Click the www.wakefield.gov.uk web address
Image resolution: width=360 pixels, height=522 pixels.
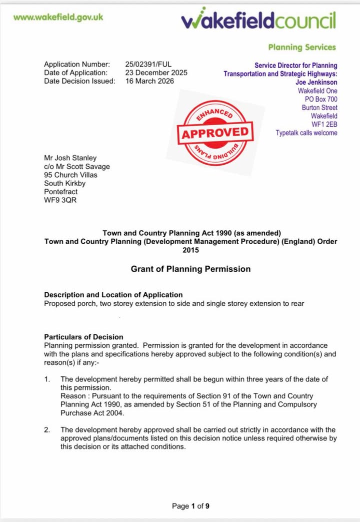point(58,17)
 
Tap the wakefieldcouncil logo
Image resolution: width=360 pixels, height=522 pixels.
point(258,21)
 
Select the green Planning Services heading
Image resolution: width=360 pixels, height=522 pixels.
point(302,48)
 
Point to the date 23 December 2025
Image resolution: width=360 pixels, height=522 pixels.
point(156,73)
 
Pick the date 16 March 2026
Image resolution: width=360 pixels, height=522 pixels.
point(149,81)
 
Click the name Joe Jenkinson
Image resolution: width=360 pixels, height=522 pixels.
point(316,82)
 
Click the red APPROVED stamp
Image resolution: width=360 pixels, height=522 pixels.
point(215,133)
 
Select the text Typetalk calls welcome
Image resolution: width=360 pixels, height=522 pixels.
point(306,133)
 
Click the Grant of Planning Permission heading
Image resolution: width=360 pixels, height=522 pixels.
point(190,269)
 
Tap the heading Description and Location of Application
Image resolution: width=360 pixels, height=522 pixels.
point(113,295)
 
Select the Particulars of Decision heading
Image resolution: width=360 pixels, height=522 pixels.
point(83,337)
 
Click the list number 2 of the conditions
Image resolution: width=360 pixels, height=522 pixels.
point(47,429)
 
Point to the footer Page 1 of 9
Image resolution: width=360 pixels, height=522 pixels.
point(190,506)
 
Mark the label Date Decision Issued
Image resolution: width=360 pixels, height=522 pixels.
point(79,81)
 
